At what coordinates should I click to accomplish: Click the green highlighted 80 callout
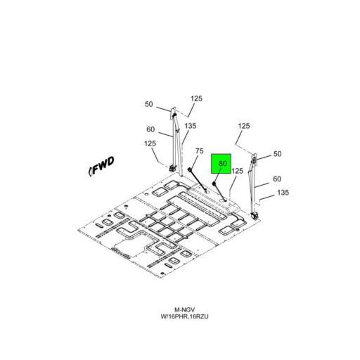[221, 164]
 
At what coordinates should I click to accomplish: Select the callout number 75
[200, 151]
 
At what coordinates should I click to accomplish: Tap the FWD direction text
[103, 165]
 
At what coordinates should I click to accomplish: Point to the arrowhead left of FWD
[90, 171]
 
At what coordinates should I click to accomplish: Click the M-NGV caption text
[184, 310]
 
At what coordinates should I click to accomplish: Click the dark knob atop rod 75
[190, 169]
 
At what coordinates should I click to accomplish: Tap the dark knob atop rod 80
[214, 184]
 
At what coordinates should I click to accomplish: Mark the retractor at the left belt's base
[173, 168]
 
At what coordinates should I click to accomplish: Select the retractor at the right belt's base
[254, 215]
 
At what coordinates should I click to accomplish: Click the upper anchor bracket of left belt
[173, 113]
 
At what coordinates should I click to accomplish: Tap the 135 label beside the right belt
[283, 193]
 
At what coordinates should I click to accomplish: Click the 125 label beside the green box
[237, 171]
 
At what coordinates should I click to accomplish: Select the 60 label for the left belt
[150, 129]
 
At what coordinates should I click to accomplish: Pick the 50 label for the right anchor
[277, 154]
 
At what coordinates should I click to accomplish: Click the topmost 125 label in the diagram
[196, 98]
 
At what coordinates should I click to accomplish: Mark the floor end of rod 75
[206, 191]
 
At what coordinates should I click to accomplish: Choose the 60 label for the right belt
[277, 179]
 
